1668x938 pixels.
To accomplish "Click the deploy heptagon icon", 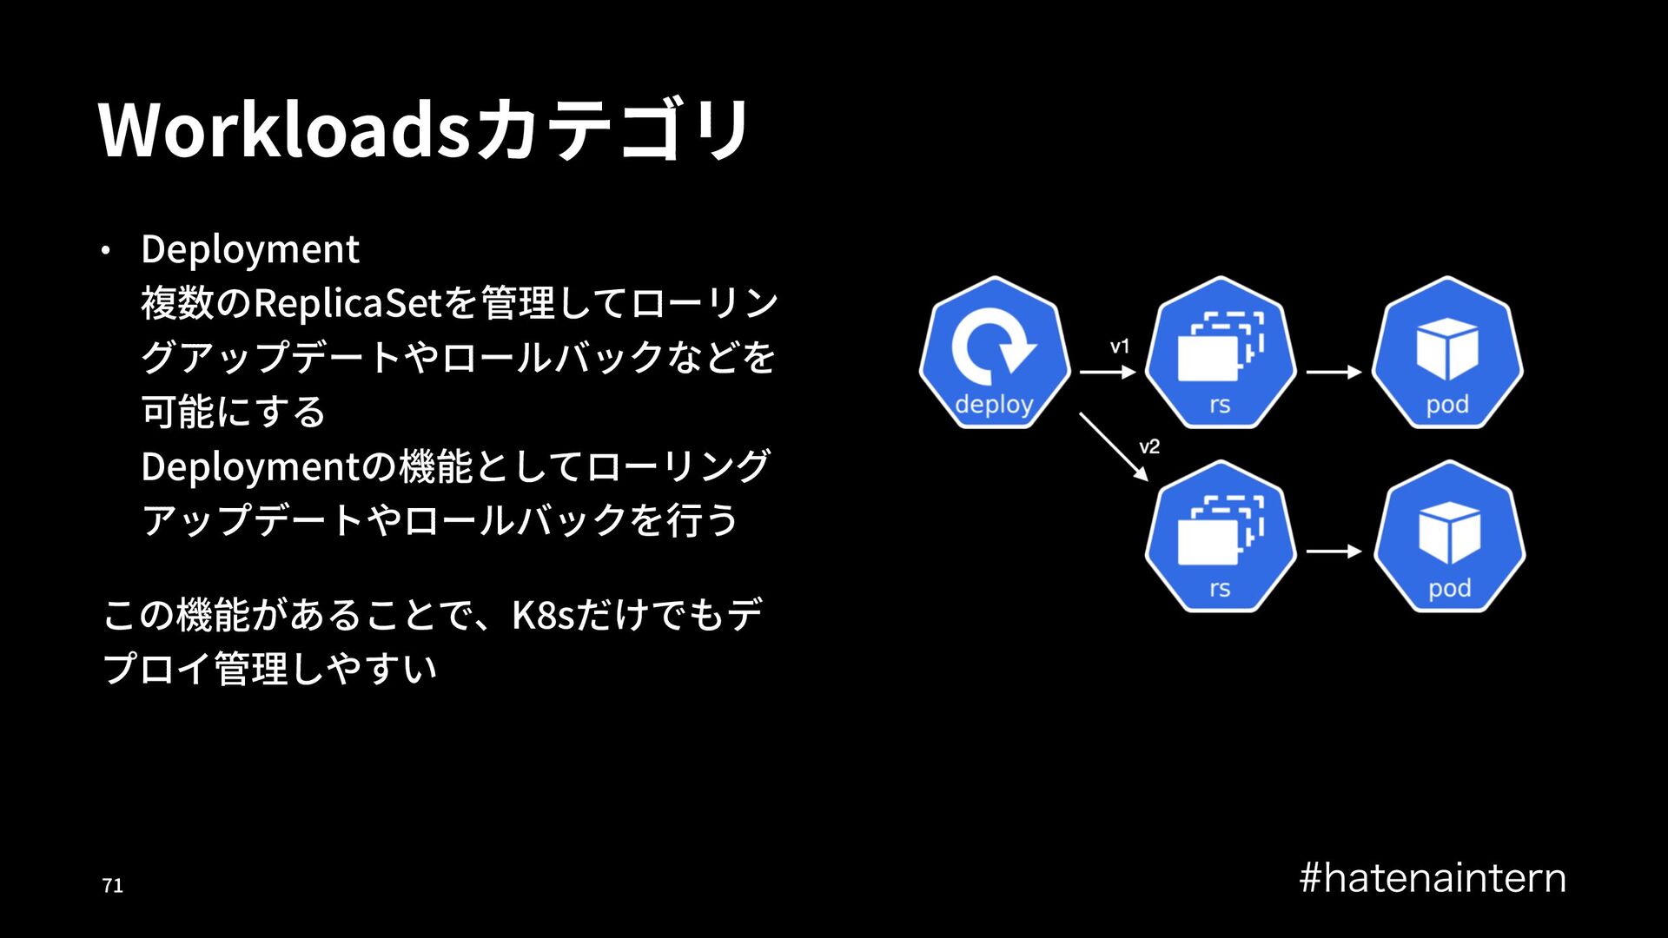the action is pos(995,353).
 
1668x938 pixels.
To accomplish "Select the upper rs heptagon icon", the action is pos(1221,353).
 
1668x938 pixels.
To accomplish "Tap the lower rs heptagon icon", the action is pos(1221,537).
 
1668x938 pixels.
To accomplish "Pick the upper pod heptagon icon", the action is pos(1447,353).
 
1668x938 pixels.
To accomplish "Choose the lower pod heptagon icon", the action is pos(1449,537).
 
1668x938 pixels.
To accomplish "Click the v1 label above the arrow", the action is pos(1120,347).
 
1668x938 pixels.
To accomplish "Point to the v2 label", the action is pos(1149,446).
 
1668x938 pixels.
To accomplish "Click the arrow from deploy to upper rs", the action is pos(1108,373).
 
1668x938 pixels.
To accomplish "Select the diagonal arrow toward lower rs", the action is pos(1114,446).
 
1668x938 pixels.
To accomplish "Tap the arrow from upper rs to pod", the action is pos(1334,373).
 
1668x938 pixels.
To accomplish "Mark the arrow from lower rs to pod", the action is pos(1334,552).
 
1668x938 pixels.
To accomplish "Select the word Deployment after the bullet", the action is pos(250,249).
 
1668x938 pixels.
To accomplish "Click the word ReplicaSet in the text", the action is pos(347,303).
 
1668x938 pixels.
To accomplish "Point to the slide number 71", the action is pos(113,886).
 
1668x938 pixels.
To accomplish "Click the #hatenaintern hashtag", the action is pos(1433,878).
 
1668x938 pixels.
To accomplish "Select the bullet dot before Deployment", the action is pos(105,251).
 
